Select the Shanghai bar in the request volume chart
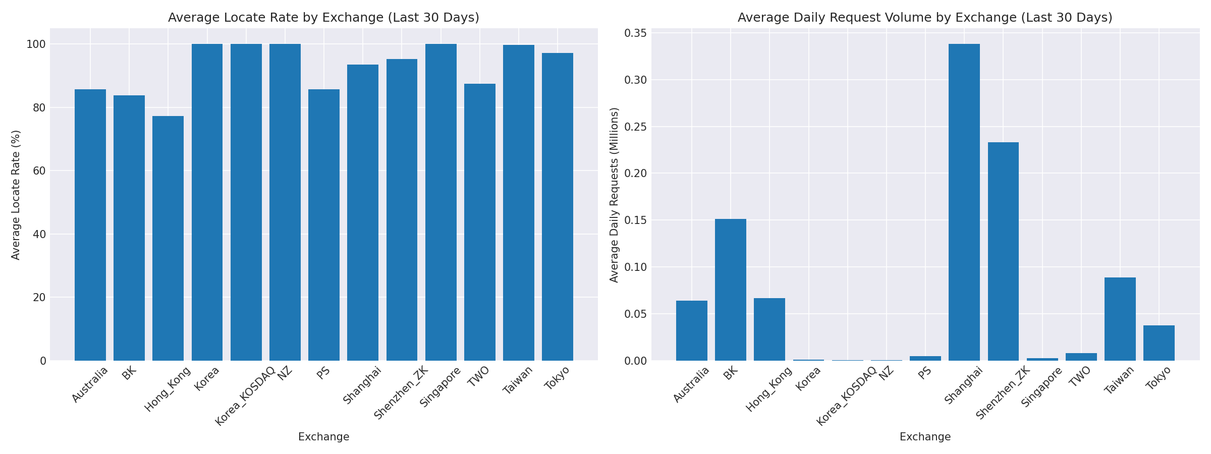[964, 202]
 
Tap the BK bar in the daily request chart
[731, 290]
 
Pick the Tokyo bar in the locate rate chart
[558, 207]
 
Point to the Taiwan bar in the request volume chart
[1120, 319]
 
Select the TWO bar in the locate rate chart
[480, 222]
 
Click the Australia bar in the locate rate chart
[90, 225]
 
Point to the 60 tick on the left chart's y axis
[40, 171]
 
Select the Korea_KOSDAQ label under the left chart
[245, 396]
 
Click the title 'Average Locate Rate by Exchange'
[323, 18]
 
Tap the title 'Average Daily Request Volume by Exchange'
[925, 18]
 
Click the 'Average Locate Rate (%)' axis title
[16, 195]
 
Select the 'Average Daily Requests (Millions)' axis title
[614, 195]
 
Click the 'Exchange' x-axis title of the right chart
[925, 437]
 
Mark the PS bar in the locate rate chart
[324, 225]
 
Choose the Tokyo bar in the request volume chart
[1159, 343]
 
